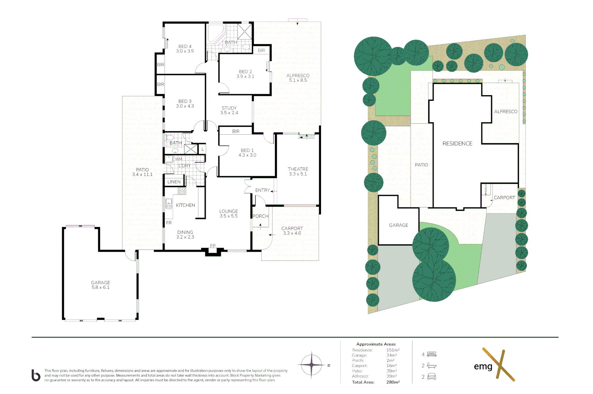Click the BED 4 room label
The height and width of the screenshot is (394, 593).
[185, 47]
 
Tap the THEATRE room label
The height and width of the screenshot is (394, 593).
[298, 169]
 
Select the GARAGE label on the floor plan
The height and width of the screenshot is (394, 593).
[101, 283]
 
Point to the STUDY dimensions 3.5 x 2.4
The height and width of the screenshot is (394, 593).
[229, 113]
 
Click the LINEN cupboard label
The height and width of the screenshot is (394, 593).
[174, 182]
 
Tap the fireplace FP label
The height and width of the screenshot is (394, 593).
[213, 246]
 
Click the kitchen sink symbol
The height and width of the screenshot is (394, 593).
[169, 204]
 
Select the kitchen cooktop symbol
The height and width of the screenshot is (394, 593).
[182, 191]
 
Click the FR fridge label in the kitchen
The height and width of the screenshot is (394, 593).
[169, 223]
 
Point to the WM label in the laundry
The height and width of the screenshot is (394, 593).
[179, 159]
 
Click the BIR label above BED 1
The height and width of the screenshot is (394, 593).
[236, 131]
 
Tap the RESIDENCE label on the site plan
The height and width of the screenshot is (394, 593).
[458, 144]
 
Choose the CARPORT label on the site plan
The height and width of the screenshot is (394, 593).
[504, 198]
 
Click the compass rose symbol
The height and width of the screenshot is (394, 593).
[311, 365]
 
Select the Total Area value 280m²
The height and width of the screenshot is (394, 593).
[393, 382]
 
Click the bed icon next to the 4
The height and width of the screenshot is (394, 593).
[432, 354]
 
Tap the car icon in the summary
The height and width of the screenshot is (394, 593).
[432, 376]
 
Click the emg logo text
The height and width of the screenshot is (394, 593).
[483, 367]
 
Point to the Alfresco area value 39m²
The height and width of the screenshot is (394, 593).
[391, 376]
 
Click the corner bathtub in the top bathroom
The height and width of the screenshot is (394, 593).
[215, 34]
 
